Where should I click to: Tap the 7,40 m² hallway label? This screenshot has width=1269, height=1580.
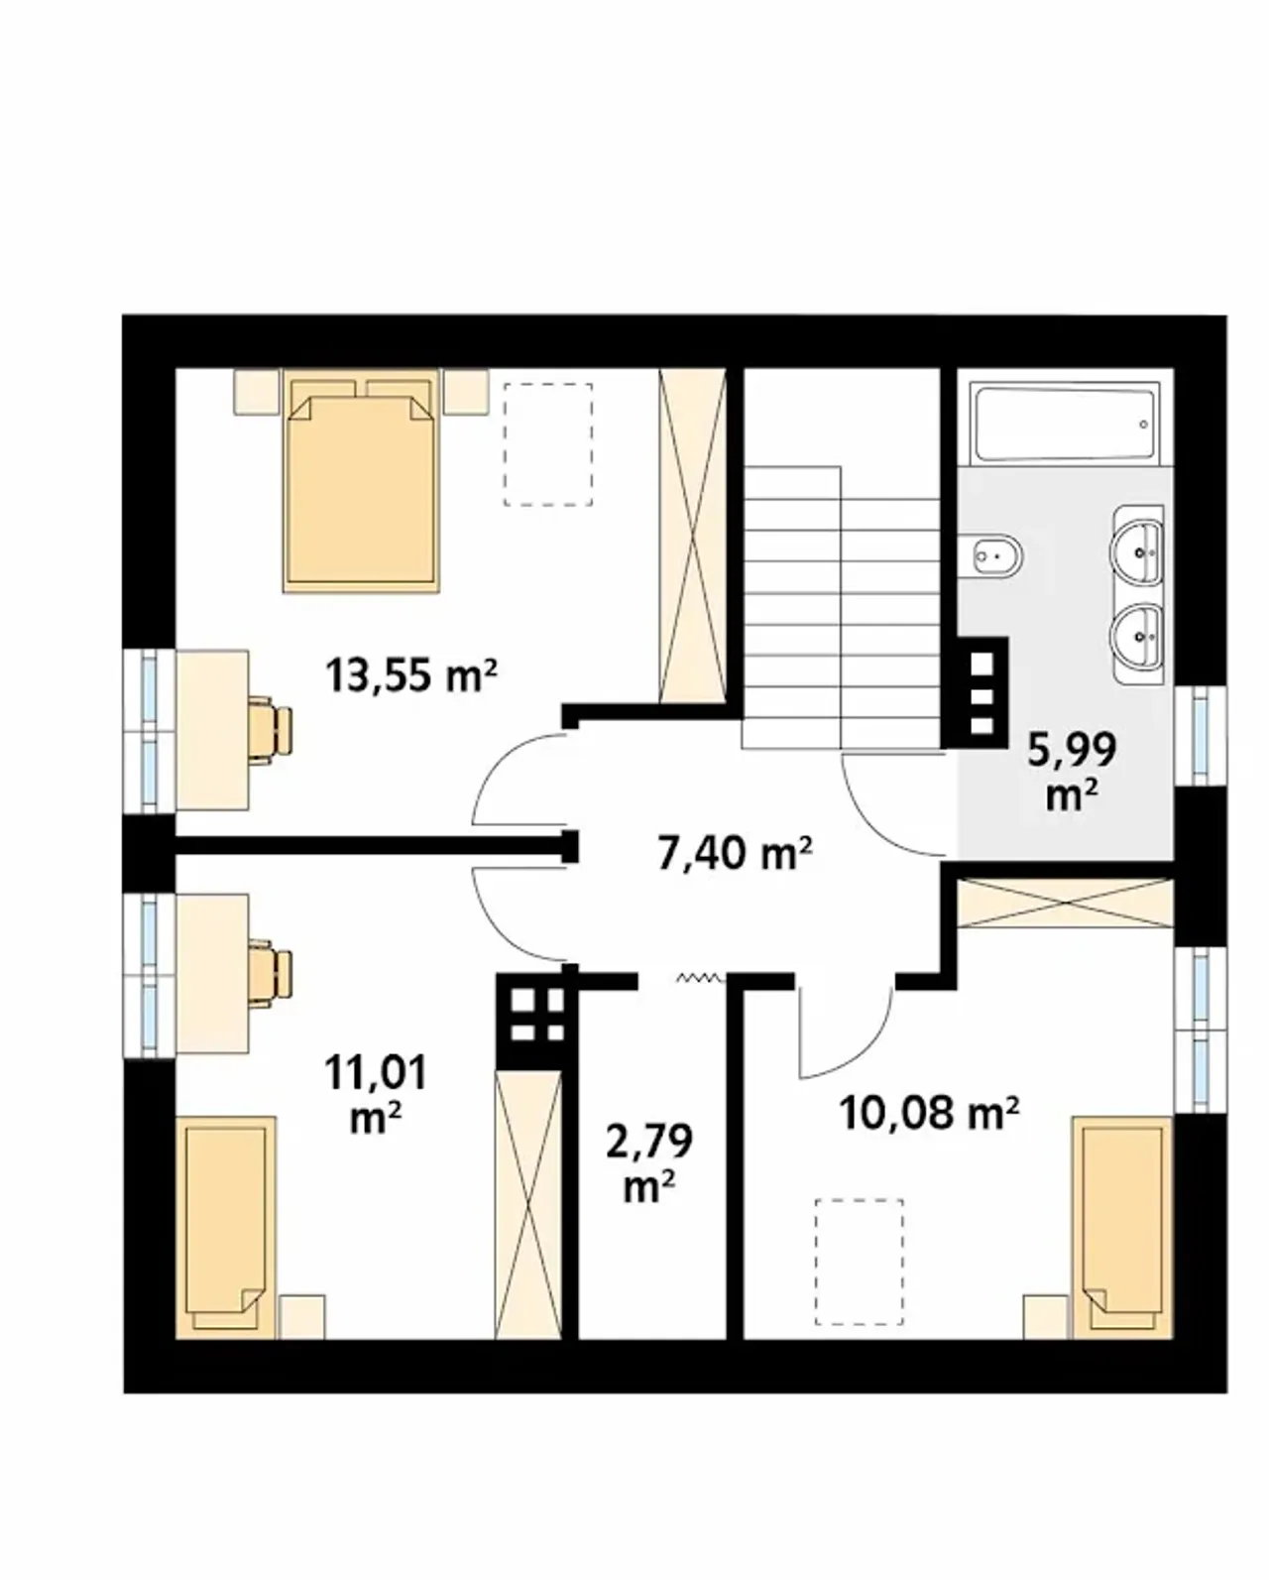(x=735, y=853)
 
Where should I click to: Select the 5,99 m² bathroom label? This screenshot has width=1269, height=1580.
(x=1072, y=771)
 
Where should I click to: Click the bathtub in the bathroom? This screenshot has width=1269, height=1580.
(x=1064, y=423)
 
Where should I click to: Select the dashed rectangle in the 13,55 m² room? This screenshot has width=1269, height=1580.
(x=548, y=444)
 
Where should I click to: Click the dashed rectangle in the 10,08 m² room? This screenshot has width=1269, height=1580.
(x=860, y=1262)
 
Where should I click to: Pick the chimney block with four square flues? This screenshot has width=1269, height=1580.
(x=537, y=1020)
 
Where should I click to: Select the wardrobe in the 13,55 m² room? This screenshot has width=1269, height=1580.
(x=692, y=536)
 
